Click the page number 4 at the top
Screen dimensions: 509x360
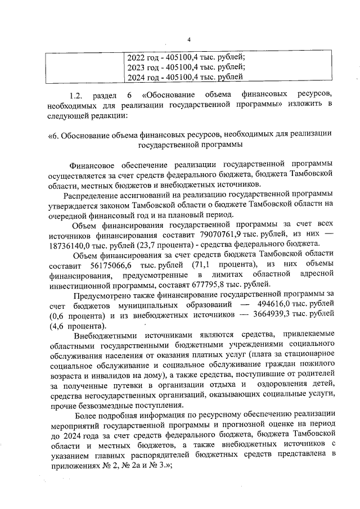(188, 39)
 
